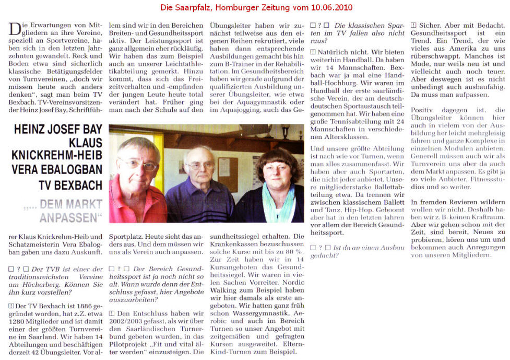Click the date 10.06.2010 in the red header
point(334,8)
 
